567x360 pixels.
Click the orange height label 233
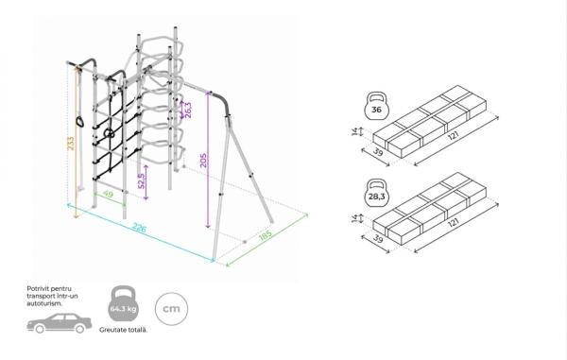tap(71, 144)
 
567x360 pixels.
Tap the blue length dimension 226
tap(139, 228)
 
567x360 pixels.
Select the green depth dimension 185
tap(266, 235)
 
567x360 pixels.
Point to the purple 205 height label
tap(203, 161)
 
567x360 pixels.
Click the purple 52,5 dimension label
tap(142, 181)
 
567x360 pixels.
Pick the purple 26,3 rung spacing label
tap(188, 110)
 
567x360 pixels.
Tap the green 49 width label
tap(108, 194)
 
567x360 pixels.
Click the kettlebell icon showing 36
tap(376, 106)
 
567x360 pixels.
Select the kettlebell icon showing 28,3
tap(376, 194)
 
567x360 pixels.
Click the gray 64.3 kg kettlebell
tap(123, 304)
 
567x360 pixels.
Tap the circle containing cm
tap(171, 309)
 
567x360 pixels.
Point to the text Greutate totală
tap(123, 330)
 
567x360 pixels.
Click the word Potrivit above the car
tap(38, 289)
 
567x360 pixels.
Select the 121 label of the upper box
tap(454, 136)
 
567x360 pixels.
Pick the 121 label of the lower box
tap(454, 223)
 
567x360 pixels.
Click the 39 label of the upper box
tap(378, 152)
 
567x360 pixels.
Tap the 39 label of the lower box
tap(378, 239)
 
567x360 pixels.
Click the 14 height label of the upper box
tap(354, 131)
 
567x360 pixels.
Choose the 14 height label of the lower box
tap(354, 218)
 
